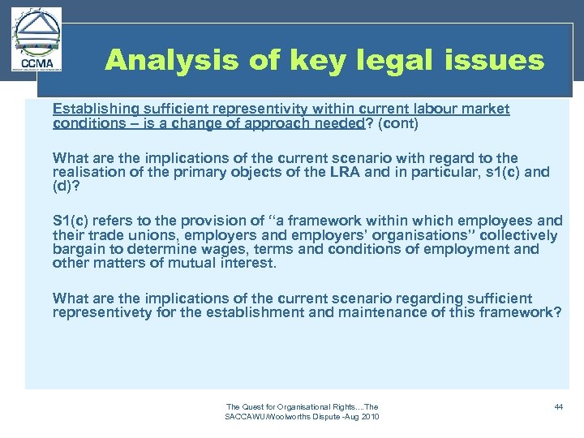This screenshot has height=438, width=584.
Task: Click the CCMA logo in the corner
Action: [36, 41]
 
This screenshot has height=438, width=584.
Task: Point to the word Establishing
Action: [90, 109]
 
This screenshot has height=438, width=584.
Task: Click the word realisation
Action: [87, 172]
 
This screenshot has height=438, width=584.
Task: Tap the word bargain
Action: [77, 250]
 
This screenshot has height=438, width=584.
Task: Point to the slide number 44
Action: [558, 406]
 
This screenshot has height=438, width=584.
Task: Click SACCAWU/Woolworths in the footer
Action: [266, 416]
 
